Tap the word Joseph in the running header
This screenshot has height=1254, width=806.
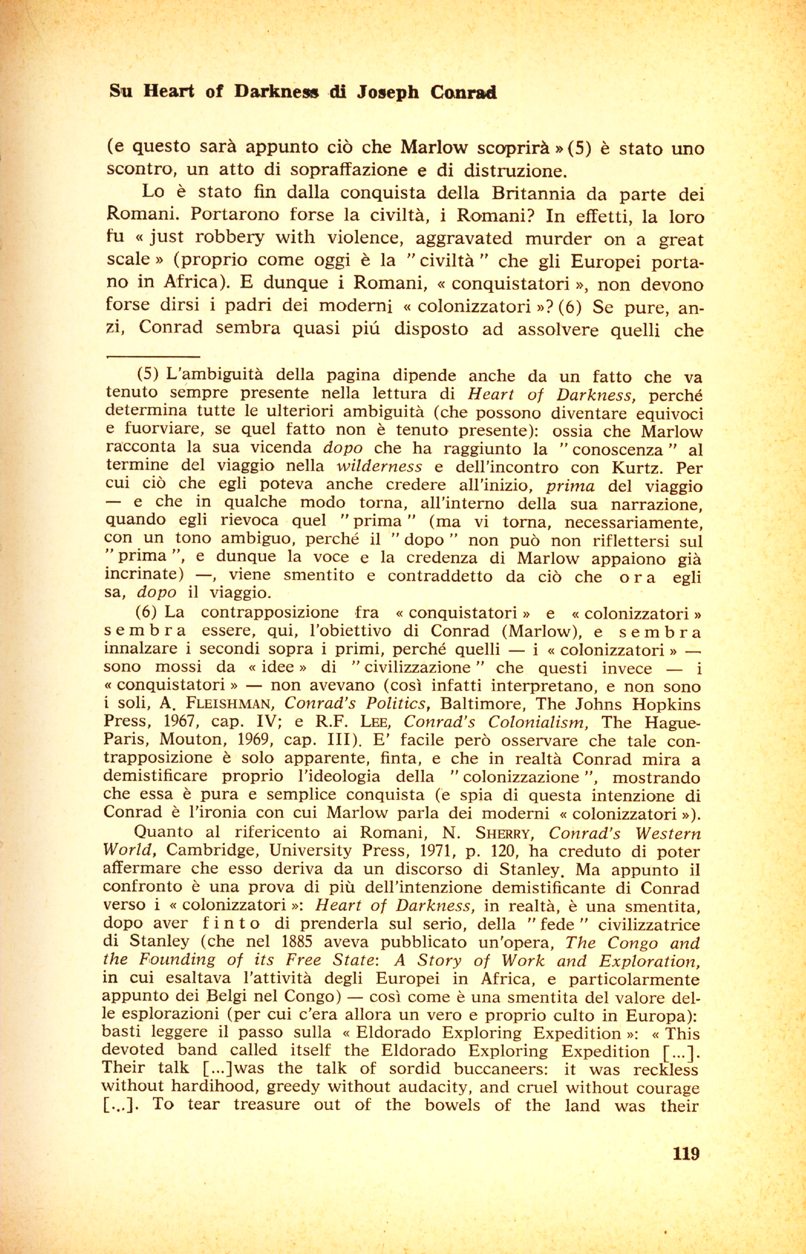[x=389, y=92]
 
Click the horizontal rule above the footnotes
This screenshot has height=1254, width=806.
[x=153, y=357]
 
